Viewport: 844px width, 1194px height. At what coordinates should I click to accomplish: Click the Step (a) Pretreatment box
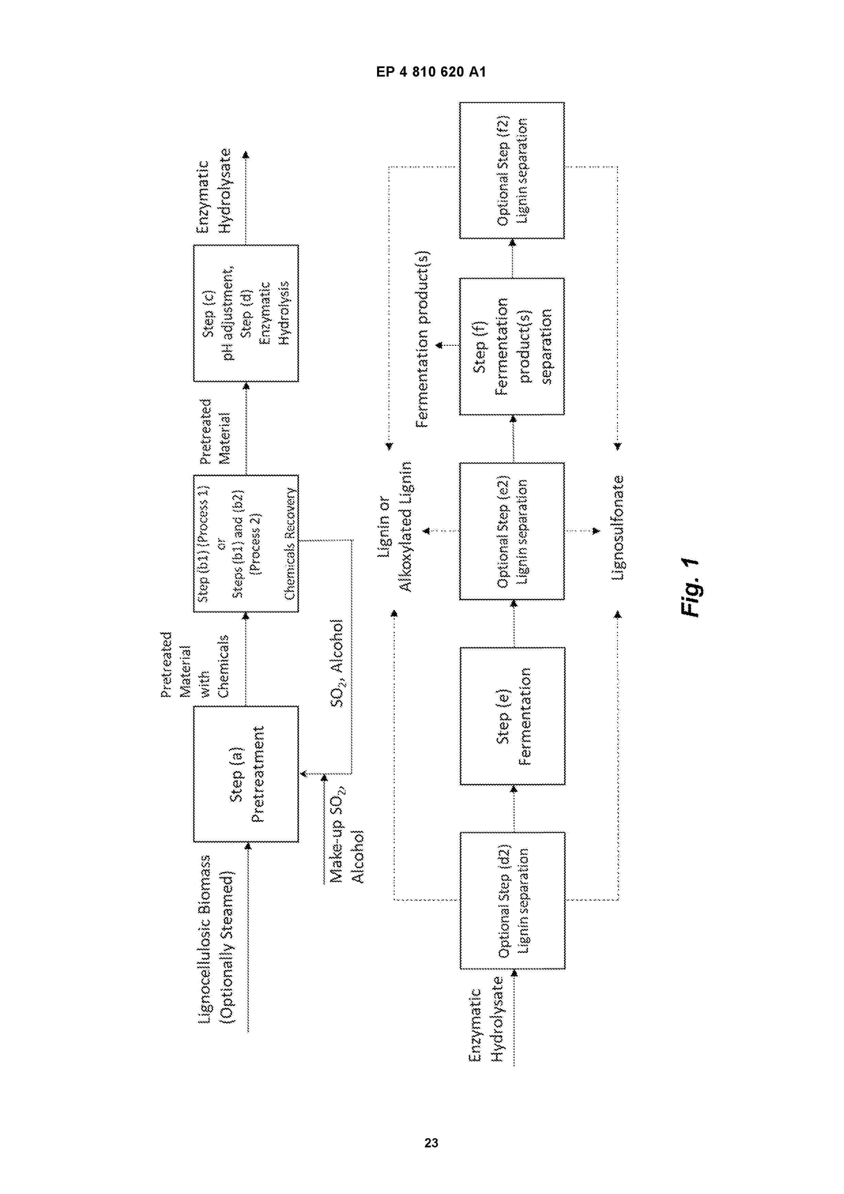(x=246, y=773)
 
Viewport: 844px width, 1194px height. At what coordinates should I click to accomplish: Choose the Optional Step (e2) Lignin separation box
(x=512, y=531)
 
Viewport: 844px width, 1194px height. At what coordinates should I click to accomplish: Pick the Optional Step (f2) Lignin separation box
(x=512, y=171)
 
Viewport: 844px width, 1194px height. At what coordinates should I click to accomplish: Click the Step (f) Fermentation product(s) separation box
(x=512, y=346)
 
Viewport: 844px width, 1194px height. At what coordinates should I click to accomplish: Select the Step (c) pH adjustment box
(x=246, y=313)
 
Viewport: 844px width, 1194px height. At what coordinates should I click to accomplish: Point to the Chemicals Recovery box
(x=246, y=544)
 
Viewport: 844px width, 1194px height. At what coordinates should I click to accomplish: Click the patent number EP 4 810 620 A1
(x=431, y=72)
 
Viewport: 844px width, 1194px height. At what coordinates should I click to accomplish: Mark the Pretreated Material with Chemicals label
(x=194, y=665)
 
